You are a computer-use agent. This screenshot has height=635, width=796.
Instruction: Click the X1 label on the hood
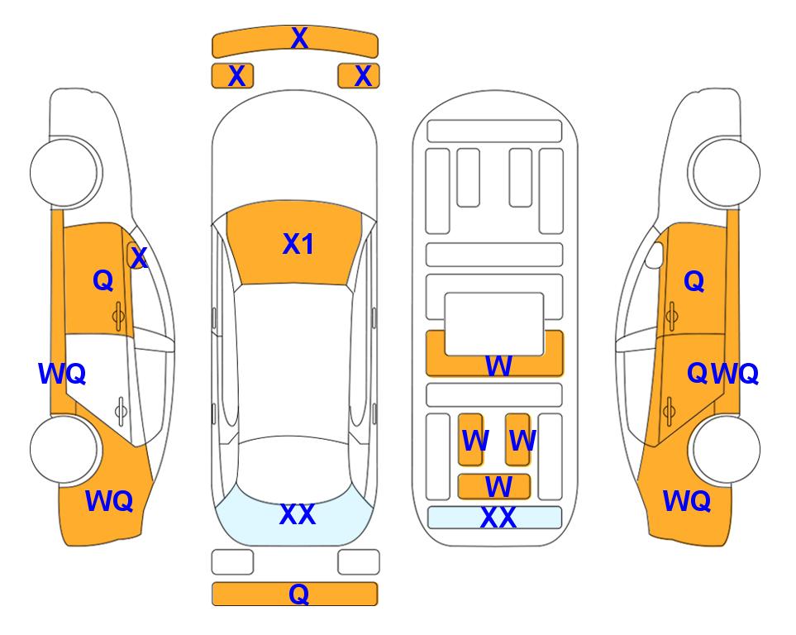[x=298, y=244]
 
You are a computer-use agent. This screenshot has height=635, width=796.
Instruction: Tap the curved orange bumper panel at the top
[x=295, y=42]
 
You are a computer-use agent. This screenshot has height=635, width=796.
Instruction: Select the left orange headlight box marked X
[x=232, y=76]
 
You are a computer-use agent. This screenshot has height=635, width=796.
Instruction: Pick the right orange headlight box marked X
[x=359, y=76]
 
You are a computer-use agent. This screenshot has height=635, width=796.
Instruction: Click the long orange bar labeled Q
[x=295, y=594]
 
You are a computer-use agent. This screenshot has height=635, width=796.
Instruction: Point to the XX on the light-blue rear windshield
[x=298, y=514]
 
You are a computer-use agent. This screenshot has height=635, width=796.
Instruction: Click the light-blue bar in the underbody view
[x=495, y=518]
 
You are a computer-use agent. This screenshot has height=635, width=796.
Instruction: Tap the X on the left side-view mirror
[x=139, y=258]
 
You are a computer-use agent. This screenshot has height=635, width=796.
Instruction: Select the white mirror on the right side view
[x=655, y=255]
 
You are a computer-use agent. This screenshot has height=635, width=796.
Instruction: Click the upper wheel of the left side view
[x=64, y=172]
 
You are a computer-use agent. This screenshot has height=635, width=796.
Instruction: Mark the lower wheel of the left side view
[x=64, y=449]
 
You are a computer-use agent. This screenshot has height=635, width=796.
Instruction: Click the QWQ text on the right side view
[x=722, y=374]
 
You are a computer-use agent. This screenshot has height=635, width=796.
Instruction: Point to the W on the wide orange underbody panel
[x=498, y=365]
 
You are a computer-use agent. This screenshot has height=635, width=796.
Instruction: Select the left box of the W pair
[x=471, y=439]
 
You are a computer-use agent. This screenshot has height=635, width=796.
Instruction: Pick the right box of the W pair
[x=517, y=439]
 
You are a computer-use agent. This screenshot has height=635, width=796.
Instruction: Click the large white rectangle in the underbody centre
[x=494, y=324]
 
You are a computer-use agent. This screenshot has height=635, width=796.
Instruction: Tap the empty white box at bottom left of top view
[x=232, y=562]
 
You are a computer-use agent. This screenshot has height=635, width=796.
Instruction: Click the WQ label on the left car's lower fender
[x=109, y=501]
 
